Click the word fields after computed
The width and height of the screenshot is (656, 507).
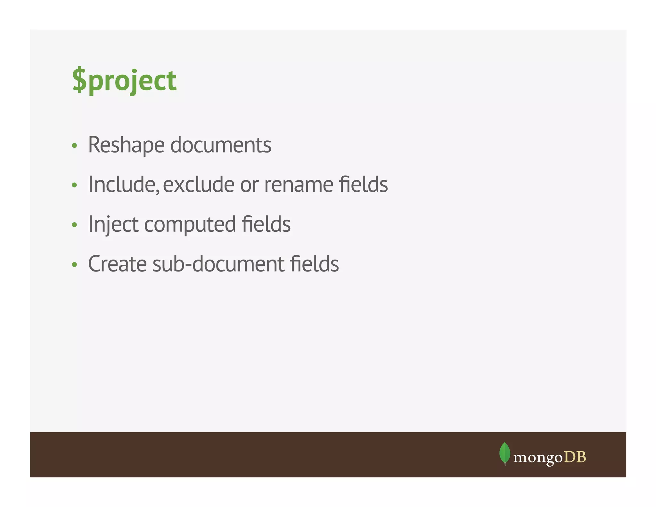point(266,224)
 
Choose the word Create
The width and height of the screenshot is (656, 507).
point(117,264)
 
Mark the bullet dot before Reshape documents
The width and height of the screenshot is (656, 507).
point(75,146)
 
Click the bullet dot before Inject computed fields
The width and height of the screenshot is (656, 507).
point(75,225)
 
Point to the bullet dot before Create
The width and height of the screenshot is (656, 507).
point(75,265)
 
